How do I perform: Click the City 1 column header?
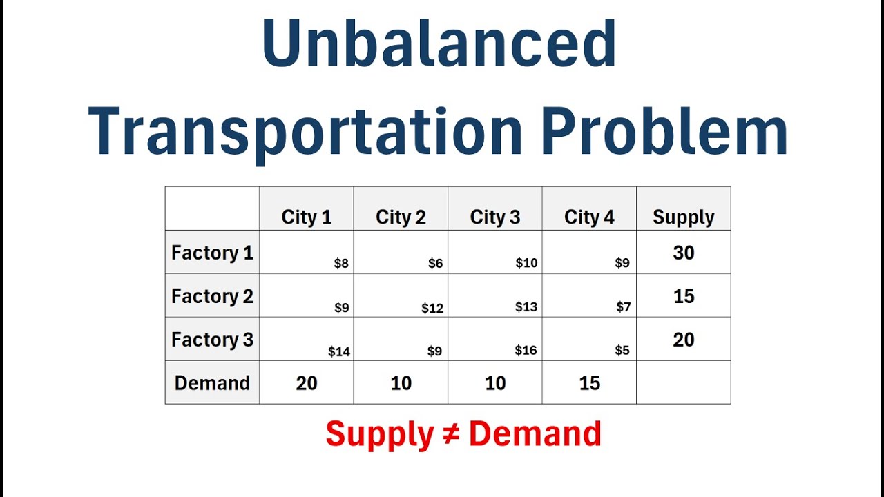pos(307,217)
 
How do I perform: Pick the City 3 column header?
pos(495,217)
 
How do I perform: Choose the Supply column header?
pos(683,217)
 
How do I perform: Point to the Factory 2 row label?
pos(212,296)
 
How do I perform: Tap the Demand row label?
pos(212,383)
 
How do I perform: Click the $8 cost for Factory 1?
pos(341,263)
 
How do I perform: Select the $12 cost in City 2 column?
pos(432,308)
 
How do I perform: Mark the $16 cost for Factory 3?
pos(526,351)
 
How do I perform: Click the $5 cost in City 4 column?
pos(622,351)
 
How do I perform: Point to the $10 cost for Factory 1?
pos(526,263)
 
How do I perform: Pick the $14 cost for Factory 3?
pos(339,351)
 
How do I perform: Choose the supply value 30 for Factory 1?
pos(683,253)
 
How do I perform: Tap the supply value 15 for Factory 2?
pos(683,296)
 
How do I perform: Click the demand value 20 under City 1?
pos(307,383)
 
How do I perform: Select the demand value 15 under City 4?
pos(589,383)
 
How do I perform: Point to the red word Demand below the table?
pos(535,434)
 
